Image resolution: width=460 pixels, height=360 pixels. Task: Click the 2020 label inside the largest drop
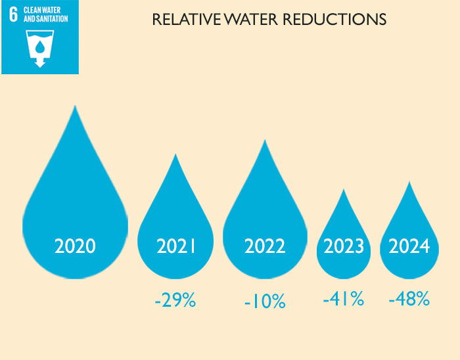coord(75,246)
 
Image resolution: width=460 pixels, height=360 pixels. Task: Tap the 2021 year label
coord(177,246)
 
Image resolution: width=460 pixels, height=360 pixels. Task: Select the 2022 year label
coord(265,246)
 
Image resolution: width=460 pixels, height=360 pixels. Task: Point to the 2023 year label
coord(344,246)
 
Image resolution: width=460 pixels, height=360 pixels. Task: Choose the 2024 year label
coord(409,246)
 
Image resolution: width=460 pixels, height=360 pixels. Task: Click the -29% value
coord(175,301)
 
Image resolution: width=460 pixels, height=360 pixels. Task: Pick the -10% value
coord(265,302)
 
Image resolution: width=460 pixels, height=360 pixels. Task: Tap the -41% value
coord(343,300)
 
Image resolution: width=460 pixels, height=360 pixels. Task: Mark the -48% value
coord(409,300)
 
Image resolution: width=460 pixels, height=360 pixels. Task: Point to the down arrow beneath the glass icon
coord(39,64)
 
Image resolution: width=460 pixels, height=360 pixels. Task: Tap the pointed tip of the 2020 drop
coord(75,106)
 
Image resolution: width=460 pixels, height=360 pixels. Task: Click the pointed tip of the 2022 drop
coord(264,141)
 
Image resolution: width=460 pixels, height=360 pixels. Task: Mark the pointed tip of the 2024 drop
coord(409,182)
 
